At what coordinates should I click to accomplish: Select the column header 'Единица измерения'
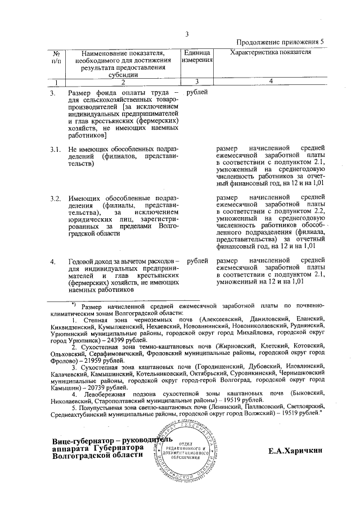point(197,56)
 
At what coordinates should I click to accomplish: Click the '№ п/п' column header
point(56,56)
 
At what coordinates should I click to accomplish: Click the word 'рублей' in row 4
point(197,261)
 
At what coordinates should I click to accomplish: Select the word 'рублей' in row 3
point(197,92)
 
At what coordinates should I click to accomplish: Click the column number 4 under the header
point(271,82)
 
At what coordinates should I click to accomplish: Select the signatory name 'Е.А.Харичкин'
point(295,451)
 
